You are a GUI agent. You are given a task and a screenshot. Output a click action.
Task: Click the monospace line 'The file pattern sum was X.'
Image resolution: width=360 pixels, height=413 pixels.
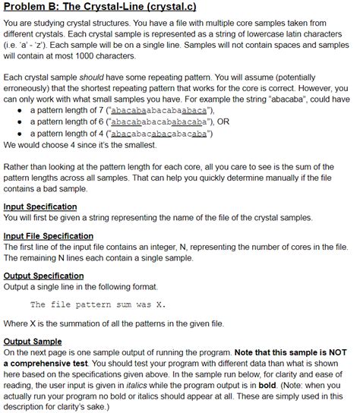97,305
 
